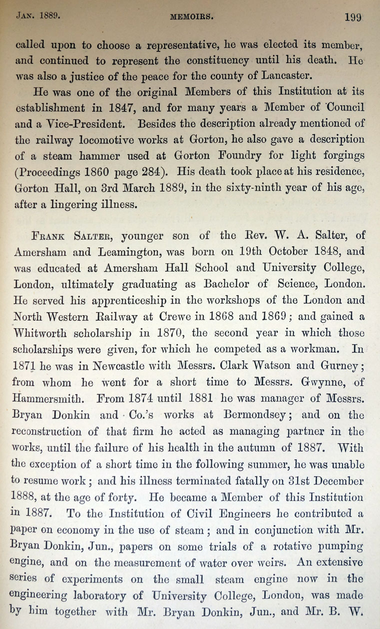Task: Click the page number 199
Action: [x=353, y=16]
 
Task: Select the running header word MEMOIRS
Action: [x=191, y=16]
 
